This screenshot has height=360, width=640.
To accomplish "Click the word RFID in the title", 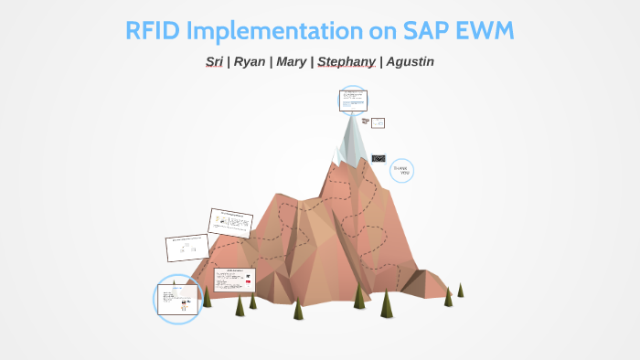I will [153, 30].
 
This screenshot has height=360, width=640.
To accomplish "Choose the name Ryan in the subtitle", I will [250, 62].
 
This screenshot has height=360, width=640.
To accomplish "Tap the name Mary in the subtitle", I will [292, 62].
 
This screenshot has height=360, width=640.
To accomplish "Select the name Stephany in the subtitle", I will [346, 62].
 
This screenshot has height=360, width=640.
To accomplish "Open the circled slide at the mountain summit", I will [352, 101].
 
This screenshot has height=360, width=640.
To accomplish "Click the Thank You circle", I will [401, 170].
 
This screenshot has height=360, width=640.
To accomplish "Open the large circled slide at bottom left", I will [177, 298].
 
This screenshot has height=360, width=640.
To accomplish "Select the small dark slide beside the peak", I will [378, 158].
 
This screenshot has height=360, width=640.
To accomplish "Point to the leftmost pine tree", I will [208, 296].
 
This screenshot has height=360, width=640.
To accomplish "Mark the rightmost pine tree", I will [460, 290].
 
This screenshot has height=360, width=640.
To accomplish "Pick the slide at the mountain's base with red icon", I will [234, 279].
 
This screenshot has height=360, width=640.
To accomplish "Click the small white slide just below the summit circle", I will [377, 122].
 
